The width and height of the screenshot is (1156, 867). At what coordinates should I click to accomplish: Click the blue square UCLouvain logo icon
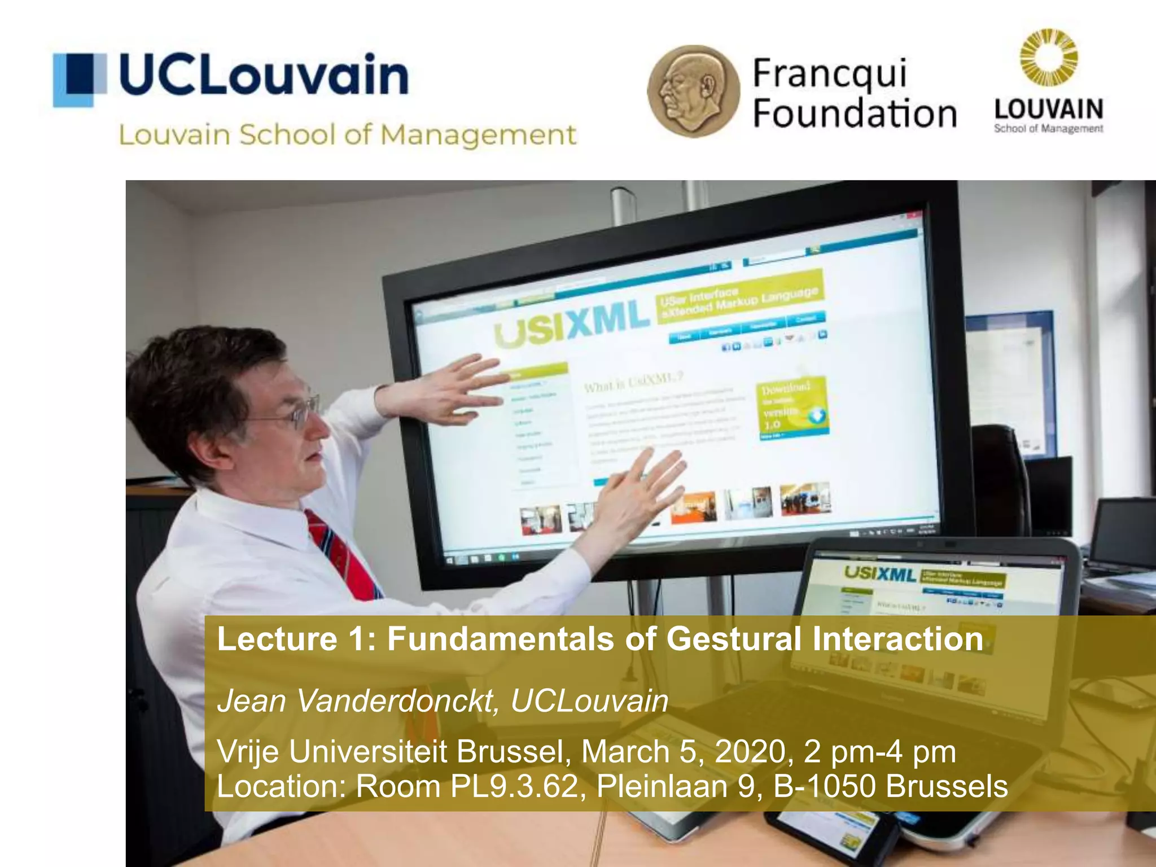pos(80,80)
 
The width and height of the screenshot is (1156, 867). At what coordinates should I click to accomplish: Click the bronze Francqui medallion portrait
pos(693,91)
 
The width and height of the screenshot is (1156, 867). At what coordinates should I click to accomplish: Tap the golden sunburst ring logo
pos(1048,58)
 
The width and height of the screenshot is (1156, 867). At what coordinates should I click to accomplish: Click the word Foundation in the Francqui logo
pos(855,114)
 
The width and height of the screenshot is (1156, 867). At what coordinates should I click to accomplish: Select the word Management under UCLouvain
pos(478,135)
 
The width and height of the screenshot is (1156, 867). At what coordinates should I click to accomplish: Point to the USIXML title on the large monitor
pos(571,325)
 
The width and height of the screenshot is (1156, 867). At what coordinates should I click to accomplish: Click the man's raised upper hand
pos(446,389)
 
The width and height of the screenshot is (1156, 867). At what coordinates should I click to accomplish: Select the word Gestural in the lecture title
pos(734,639)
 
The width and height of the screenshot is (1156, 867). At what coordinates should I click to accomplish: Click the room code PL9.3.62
pos(514,786)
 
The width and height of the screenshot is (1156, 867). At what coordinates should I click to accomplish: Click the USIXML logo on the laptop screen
pos(879,573)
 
